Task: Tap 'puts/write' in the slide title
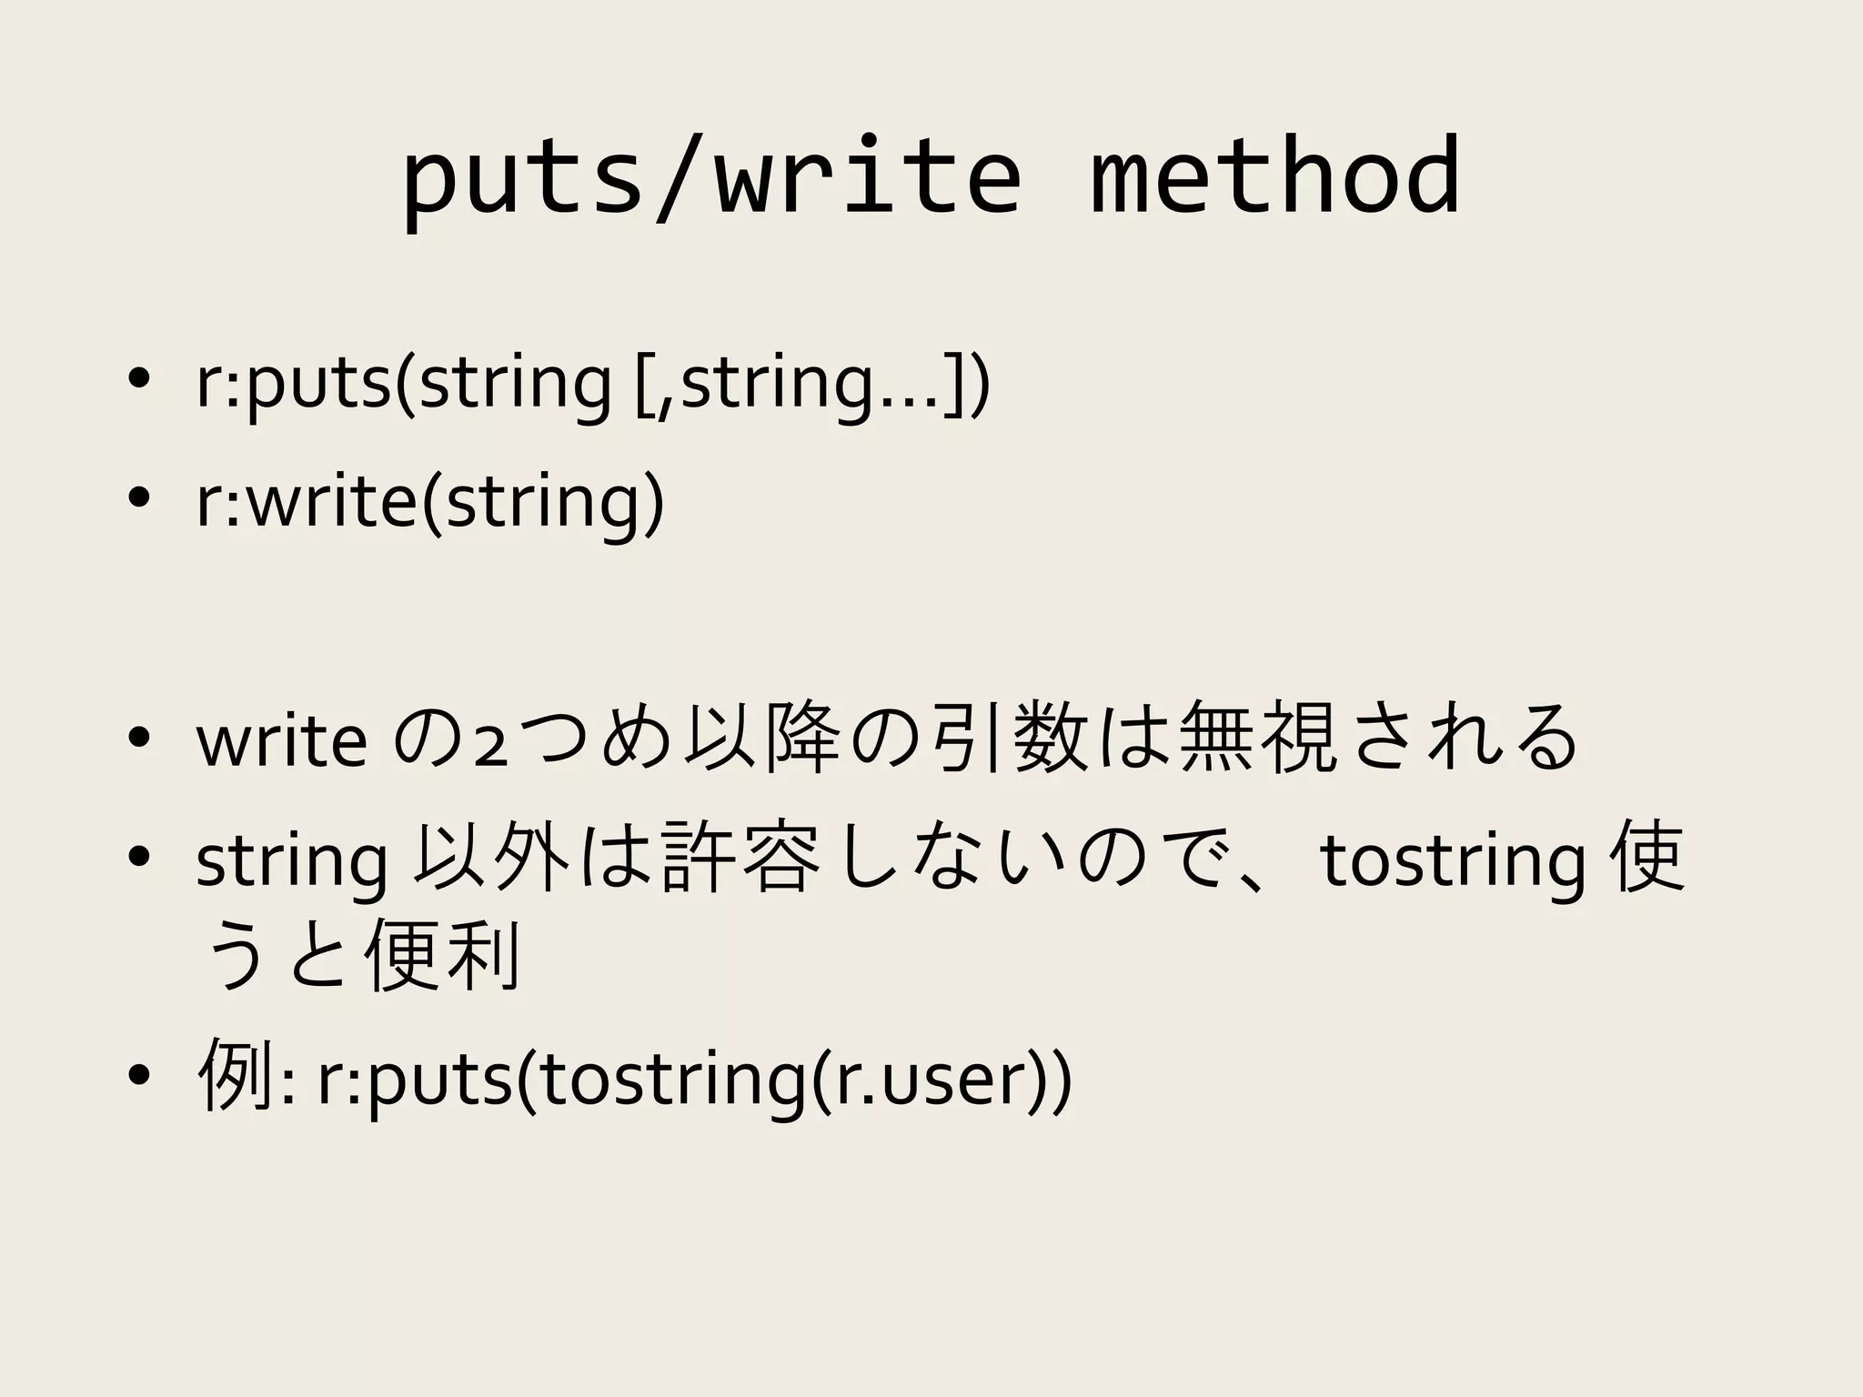(x=711, y=177)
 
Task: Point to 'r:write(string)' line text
(x=429, y=502)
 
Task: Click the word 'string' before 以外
(x=291, y=862)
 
